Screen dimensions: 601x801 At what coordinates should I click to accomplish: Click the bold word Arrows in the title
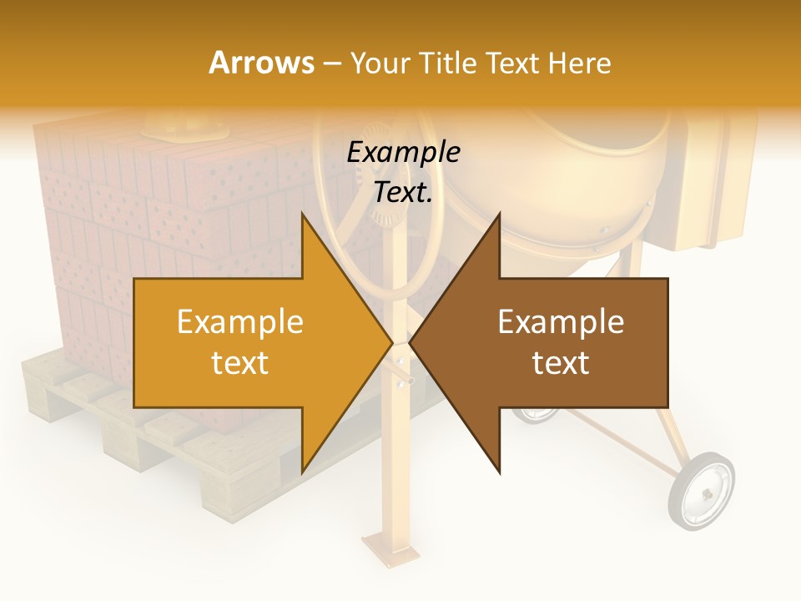(x=262, y=63)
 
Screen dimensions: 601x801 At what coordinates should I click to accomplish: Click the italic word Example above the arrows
(x=403, y=153)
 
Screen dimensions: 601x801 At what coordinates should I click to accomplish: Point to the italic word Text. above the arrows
(x=403, y=192)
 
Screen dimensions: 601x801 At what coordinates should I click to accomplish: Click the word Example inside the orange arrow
(x=240, y=322)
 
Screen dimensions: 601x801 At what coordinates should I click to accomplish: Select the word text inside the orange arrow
(x=240, y=363)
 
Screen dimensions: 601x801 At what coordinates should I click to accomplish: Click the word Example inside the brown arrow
(x=561, y=322)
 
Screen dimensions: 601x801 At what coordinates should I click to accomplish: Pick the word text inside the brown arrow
(x=561, y=363)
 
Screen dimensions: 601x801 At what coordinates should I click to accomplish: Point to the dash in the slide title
(x=331, y=63)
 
